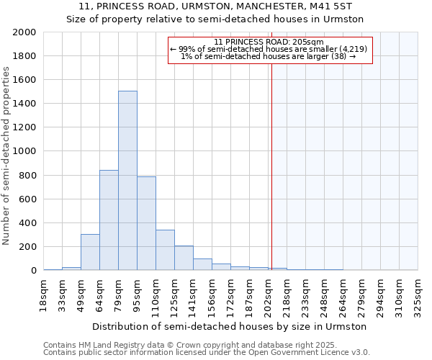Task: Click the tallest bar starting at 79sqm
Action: (x=127, y=181)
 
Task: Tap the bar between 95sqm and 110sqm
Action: (x=146, y=223)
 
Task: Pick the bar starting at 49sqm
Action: (x=90, y=252)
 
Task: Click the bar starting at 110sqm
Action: (x=165, y=250)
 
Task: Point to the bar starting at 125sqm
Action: (x=184, y=258)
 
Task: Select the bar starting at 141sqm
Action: (x=202, y=264)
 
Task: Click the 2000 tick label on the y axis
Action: (x=24, y=32)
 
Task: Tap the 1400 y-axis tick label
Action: (x=24, y=104)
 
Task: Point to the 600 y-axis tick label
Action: (x=27, y=199)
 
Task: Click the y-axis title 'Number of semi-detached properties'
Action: (x=7, y=156)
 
